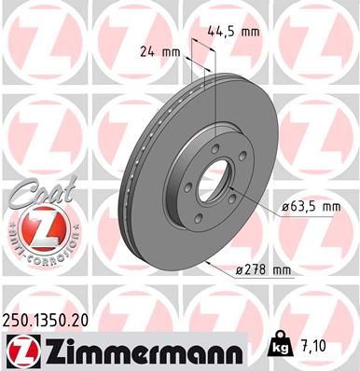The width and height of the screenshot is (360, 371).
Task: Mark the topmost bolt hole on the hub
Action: [x=216, y=147]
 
